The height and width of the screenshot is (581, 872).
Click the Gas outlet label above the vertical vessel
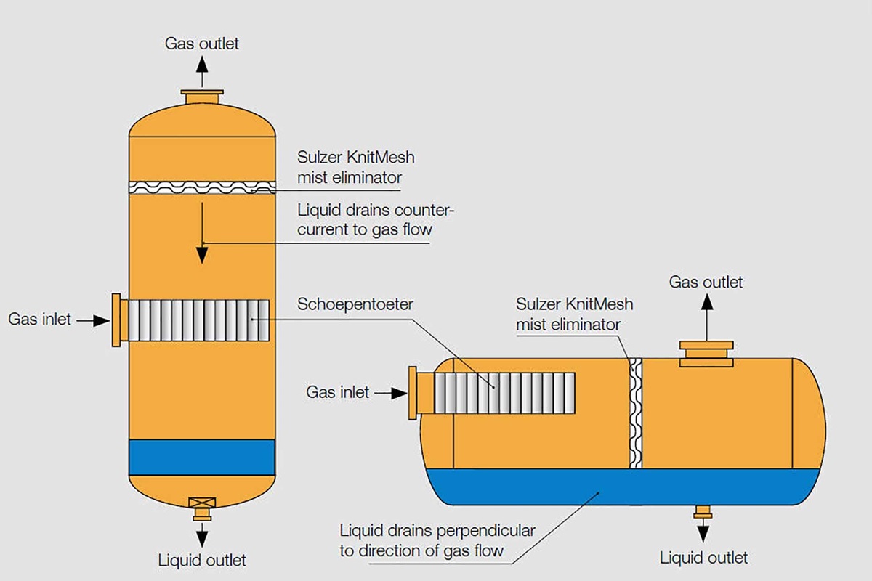[201, 44]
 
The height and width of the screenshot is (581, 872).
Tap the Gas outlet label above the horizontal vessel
[706, 282]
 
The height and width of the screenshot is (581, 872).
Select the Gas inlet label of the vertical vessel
[40, 319]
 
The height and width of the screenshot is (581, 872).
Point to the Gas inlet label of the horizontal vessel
[338, 393]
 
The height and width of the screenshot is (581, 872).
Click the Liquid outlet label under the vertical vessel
[202, 560]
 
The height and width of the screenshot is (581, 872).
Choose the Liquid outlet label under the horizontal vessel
[703, 558]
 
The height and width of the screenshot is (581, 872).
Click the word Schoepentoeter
[355, 304]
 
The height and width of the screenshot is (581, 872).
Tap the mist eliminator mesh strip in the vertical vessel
[202, 187]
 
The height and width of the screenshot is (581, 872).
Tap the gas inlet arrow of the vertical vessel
[92, 320]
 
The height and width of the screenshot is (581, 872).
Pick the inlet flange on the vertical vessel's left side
[117, 320]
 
